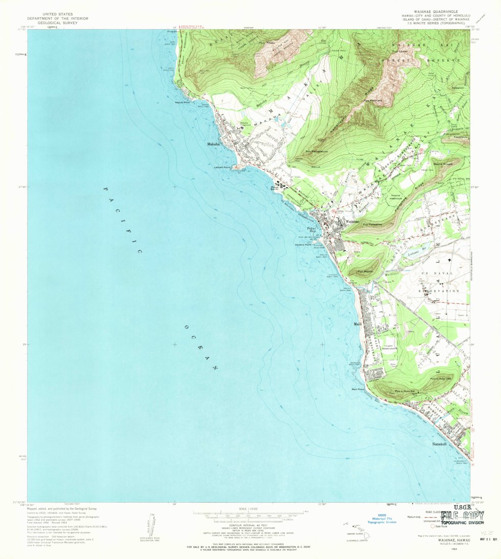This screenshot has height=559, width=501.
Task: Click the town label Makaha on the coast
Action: (214, 144)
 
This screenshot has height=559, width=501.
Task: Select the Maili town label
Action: (357, 324)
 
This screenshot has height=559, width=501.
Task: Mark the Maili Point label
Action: (358, 389)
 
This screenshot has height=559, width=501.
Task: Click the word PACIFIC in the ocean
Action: (122, 220)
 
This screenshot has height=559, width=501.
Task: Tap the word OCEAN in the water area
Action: (201, 348)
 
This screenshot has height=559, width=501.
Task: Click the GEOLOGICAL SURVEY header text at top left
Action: (65, 23)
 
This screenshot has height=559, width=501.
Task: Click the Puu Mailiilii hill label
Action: (365, 272)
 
